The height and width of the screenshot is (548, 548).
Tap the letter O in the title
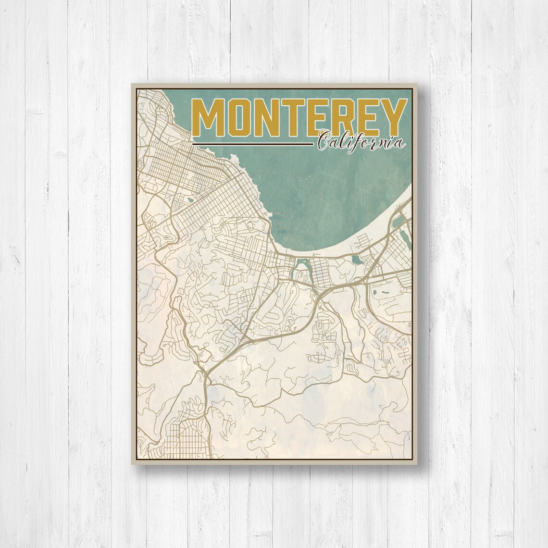[x=238, y=118]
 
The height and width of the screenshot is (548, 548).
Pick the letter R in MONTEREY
[x=337, y=118]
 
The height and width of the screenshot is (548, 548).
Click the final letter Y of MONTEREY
[x=389, y=118]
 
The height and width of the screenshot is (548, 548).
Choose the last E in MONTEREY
[x=363, y=118]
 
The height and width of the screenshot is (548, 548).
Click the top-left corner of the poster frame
[x=132, y=84]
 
